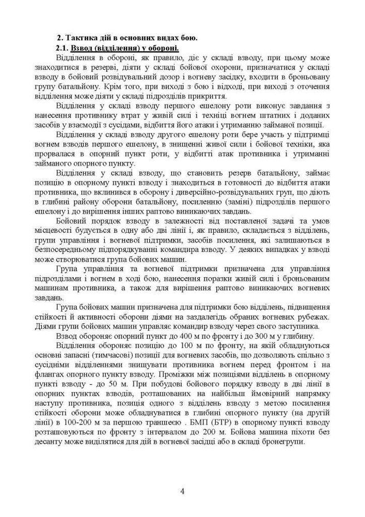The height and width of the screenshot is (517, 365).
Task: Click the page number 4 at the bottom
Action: (182, 491)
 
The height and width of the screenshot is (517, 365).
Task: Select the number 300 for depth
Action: (265, 337)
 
